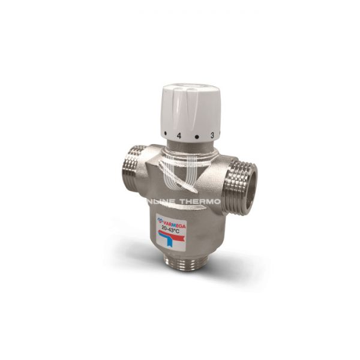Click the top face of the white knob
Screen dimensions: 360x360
pyautogui.click(x=191, y=92)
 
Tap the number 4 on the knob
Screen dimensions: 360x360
pyautogui.click(x=179, y=136)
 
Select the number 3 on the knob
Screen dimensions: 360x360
pyautogui.click(x=212, y=136)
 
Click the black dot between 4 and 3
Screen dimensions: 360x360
pyautogui.click(x=196, y=137)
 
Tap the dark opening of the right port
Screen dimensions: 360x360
pyautogui.click(x=253, y=187)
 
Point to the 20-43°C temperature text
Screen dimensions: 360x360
pyautogui.click(x=172, y=228)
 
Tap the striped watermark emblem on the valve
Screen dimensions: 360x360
pyautogui.click(x=180, y=174)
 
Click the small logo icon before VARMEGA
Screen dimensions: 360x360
pyautogui.click(x=161, y=220)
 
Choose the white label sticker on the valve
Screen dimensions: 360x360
pyautogui.click(x=171, y=232)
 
